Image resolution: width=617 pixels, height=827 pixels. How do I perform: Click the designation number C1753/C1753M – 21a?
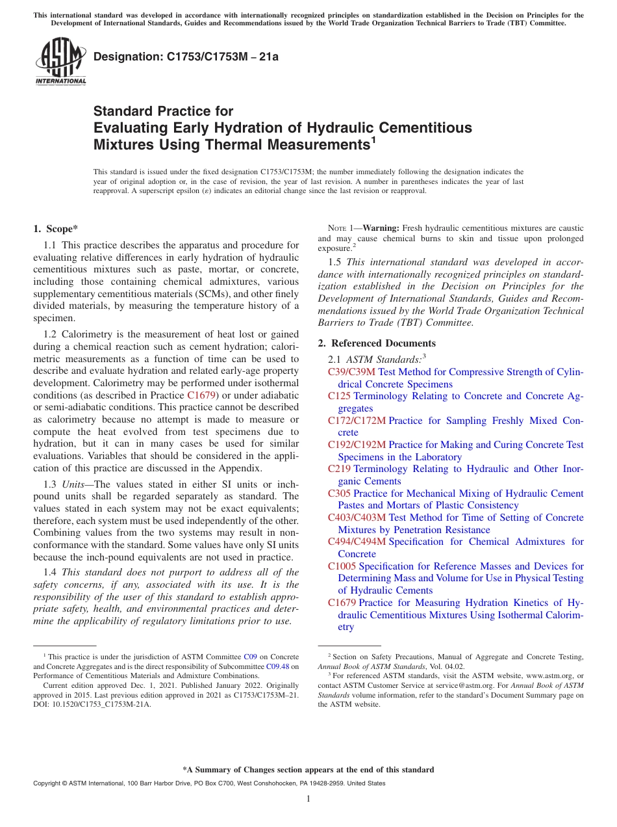(x=186, y=57)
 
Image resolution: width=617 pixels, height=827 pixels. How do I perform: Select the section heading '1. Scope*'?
(x=55, y=228)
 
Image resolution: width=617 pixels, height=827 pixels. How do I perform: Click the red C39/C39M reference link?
(x=351, y=372)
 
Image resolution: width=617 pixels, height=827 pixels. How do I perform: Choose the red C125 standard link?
(x=339, y=396)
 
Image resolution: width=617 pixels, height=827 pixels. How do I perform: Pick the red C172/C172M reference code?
(x=357, y=421)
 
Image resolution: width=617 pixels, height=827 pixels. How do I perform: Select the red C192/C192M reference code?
(x=357, y=445)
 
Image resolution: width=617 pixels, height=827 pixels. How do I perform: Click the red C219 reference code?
(x=339, y=469)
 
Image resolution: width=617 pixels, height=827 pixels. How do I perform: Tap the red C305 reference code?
(x=339, y=493)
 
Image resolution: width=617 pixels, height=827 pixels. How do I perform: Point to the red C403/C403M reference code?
(x=357, y=518)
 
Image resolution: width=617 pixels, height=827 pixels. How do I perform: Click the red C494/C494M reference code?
(x=357, y=542)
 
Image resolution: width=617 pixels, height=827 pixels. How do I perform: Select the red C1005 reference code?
(x=342, y=566)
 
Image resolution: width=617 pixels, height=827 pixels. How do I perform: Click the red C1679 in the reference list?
(x=342, y=603)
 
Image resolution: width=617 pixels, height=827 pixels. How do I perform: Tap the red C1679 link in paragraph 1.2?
(x=201, y=395)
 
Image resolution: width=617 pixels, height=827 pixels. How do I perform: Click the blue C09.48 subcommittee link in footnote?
(x=277, y=666)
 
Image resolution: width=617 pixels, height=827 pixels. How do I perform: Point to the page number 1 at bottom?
(x=308, y=798)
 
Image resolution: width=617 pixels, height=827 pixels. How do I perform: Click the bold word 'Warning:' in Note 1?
(x=382, y=228)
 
